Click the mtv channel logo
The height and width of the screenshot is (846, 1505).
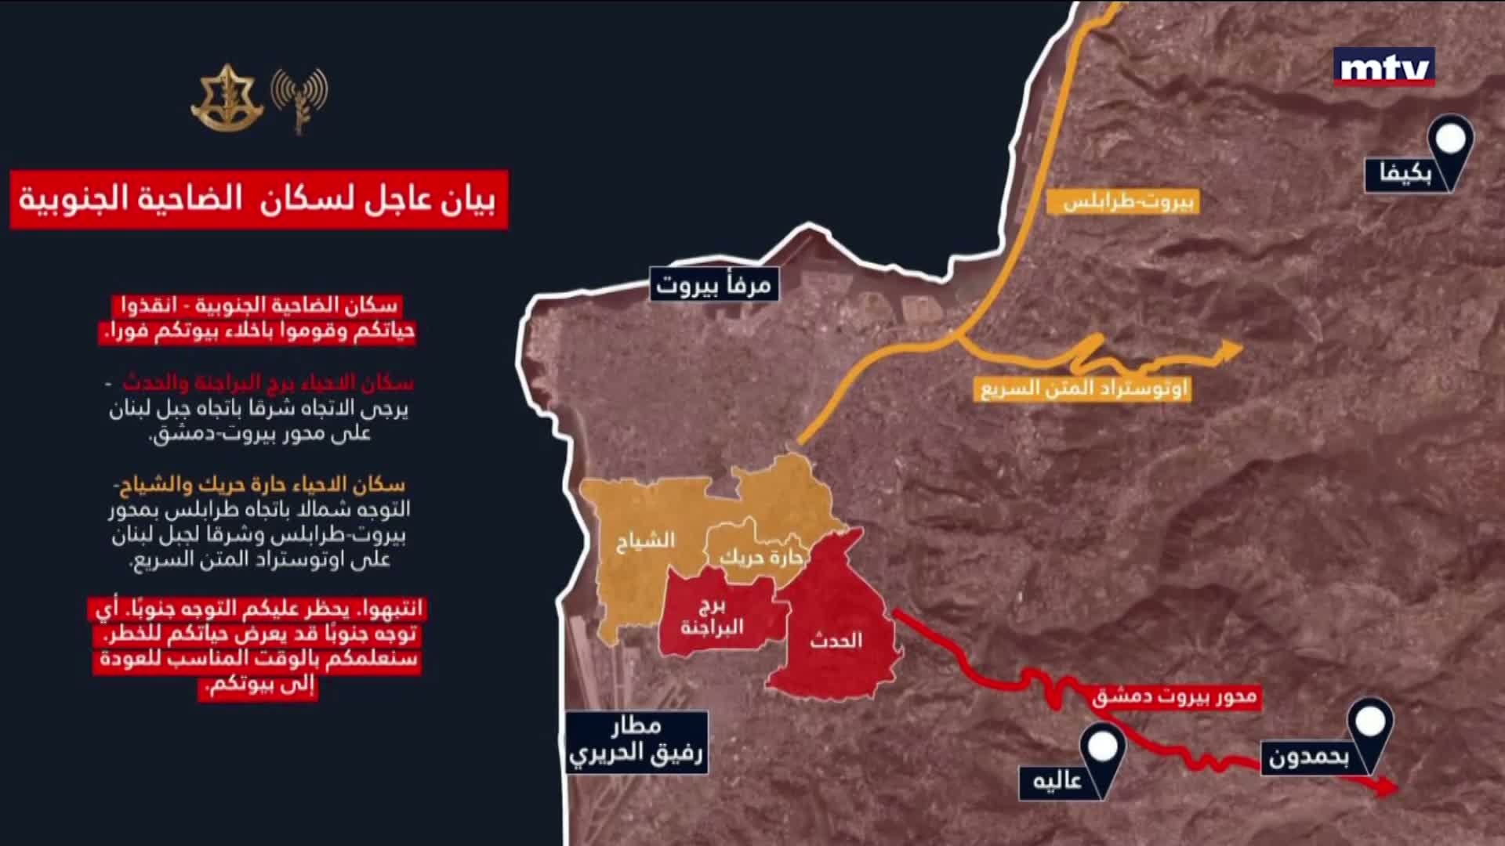click(x=1384, y=67)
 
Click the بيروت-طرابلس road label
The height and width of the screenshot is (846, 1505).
click(x=1130, y=201)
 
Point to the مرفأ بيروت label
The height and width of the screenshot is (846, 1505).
click(x=713, y=285)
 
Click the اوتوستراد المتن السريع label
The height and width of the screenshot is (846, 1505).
click(x=1084, y=389)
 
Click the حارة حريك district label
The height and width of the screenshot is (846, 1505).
click(x=762, y=558)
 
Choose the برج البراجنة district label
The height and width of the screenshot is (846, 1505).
click(x=712, y=617)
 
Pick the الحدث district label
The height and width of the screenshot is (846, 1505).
click(x=836, y=641)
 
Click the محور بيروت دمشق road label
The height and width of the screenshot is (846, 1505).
click(x=1174, y=696)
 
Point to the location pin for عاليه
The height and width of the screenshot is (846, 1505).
click(x=1102, y=750)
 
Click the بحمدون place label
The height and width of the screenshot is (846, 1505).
click(x=1308, y=758)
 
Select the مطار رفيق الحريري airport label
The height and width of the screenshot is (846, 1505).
click(x=636, y=741)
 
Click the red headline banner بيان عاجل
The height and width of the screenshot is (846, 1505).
click(x=259, y=200)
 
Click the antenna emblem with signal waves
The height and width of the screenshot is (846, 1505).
click(x=299, y=98)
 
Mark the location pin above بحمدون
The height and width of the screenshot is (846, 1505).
click(x=1370, y=725)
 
